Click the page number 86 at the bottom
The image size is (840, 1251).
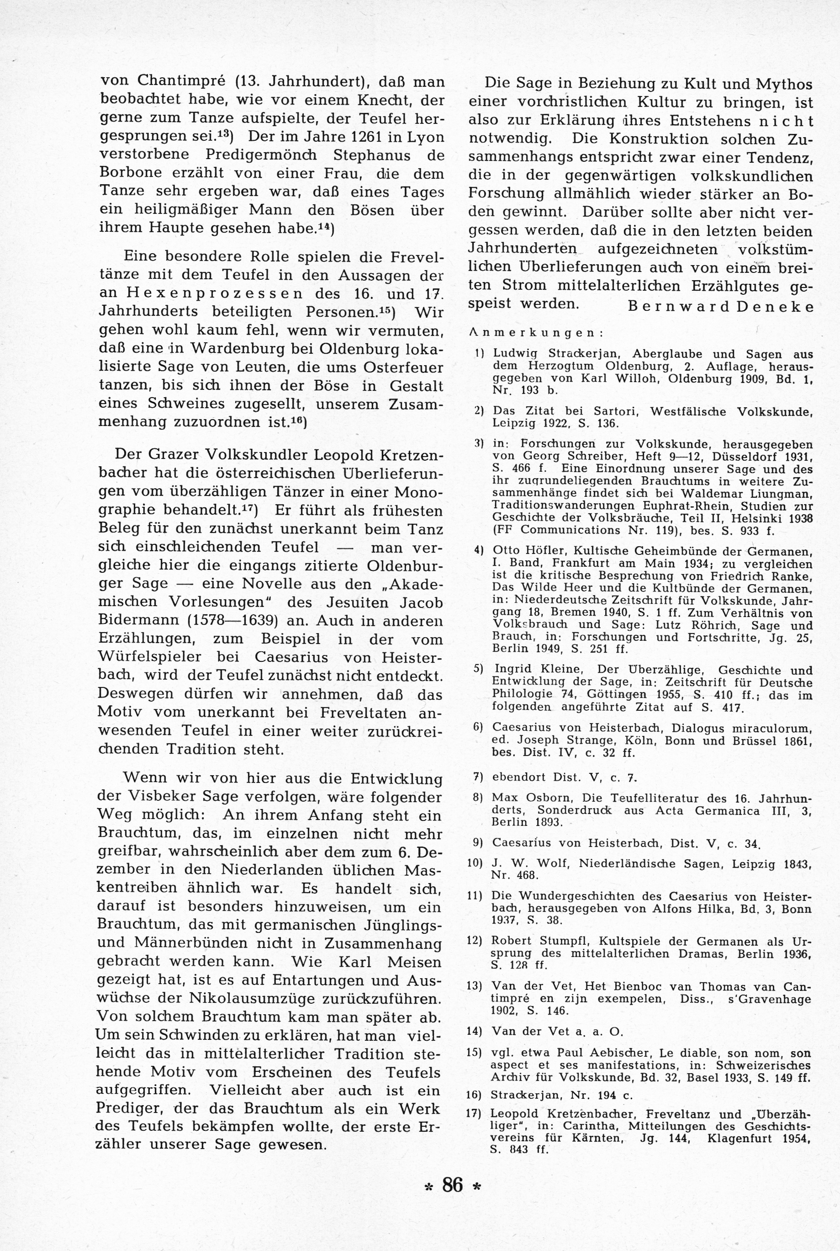pos(452,1185)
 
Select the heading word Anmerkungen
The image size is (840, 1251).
pos(535,332)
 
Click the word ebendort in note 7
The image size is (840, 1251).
pos(518,777)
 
